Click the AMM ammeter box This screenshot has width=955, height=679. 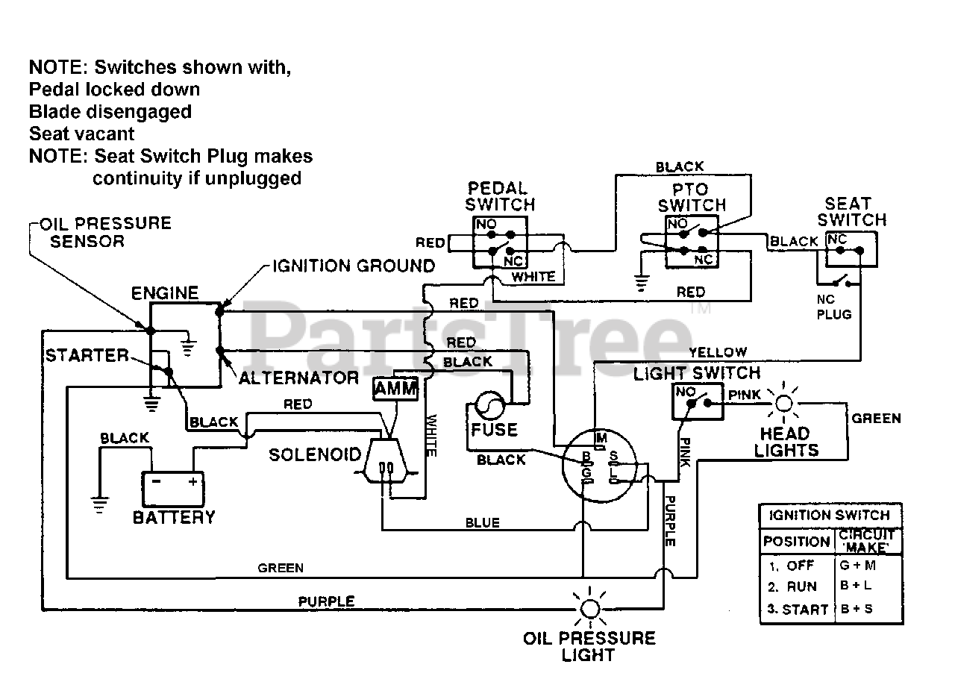(x=395, y=389)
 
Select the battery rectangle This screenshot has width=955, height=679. (x=172, y=489)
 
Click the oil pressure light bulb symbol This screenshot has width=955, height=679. (x=590, y=608)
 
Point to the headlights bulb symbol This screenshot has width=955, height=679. (x=783, y=403)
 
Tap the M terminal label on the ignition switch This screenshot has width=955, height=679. (x=601, y=437)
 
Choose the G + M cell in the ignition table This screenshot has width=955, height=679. (x=857, y=565)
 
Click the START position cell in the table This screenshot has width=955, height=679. (x=798, y=609)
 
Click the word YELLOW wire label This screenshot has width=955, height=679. (x=718, y=352)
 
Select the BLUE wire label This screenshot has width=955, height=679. (x=482, y=522)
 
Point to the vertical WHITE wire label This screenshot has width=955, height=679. (x=431, y=435)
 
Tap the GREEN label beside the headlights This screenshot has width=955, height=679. (x=876, y=418)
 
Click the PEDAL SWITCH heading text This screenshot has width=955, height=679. (x=500, y=196)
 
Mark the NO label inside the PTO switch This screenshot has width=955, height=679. (x=677, y=223)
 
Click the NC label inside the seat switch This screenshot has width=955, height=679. (x=837, y=239)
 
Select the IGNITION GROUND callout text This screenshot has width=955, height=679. (x=354, y=266)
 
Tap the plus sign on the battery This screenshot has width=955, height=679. (x=192, y=481)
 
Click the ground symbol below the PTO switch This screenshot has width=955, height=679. (x=641, y=283)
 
